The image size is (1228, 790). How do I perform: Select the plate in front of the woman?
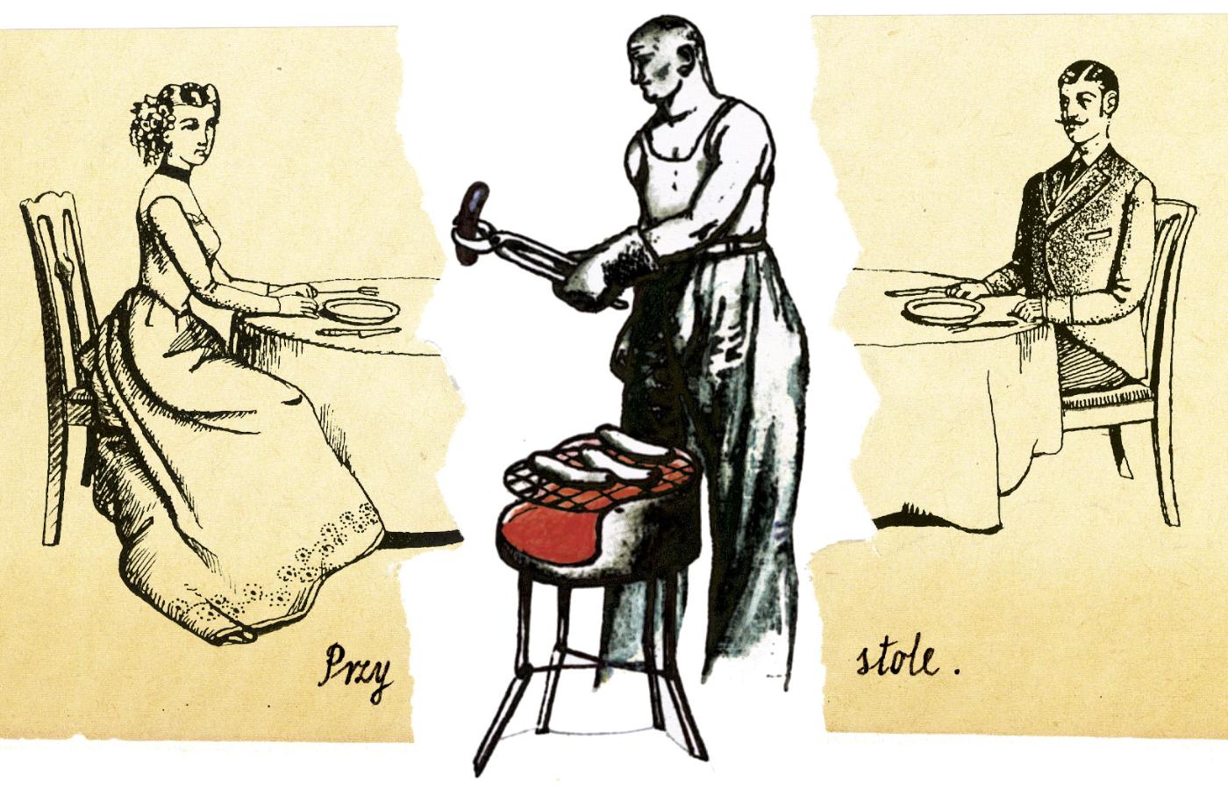(359, 311)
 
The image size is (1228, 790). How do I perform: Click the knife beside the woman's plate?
(359, 332)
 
